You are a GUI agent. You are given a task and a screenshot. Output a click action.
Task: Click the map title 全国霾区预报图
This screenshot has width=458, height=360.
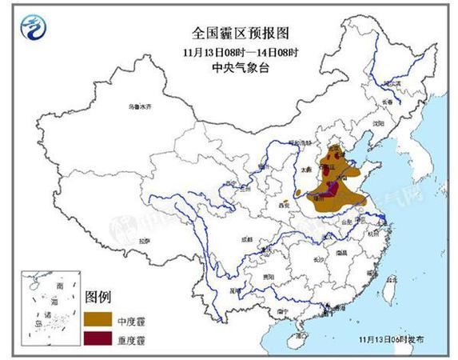(229, 33)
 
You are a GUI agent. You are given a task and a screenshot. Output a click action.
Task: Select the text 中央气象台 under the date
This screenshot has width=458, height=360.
(229, 67)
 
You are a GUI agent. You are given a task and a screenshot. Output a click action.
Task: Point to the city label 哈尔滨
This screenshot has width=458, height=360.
(390, 83)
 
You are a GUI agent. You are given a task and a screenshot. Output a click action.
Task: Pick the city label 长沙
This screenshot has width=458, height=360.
(317, 258)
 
